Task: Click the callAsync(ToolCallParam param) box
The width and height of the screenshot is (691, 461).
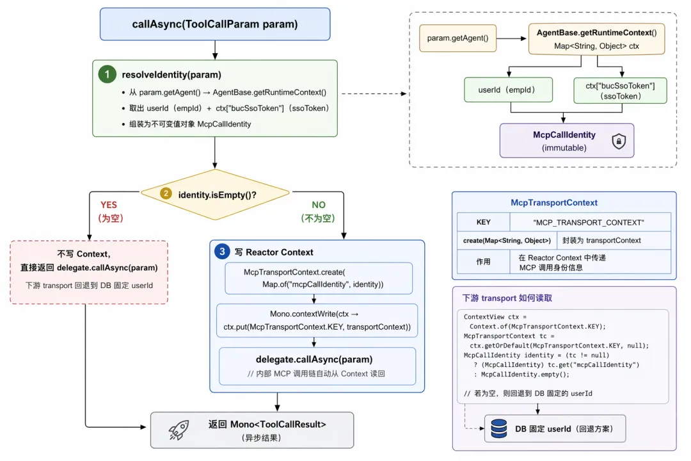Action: click(x=215, y=24)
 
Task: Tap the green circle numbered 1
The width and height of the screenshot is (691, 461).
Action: click(x=107, y=74)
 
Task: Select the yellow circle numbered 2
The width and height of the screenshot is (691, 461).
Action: click(x=166, y=193)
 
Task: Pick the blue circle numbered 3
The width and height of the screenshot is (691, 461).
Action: click(x=222, y=252)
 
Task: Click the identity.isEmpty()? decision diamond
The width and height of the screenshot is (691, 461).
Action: click(x=215, y=195)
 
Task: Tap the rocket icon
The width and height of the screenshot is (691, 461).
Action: click(x=179, y=430)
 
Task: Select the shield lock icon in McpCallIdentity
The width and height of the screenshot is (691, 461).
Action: click(x=619, y=141)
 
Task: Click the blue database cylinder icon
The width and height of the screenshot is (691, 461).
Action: click(x=499, y=428)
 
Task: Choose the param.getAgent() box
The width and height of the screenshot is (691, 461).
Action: click(x=458, y=38)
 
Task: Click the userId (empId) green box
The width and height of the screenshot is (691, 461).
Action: click(x=508, y=90)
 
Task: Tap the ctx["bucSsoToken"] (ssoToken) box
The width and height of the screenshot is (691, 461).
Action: click(x=620, y=90)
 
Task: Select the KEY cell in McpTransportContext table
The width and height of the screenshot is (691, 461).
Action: click(x=484, y=222)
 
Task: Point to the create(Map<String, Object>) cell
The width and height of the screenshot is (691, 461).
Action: click(x=507, y=241)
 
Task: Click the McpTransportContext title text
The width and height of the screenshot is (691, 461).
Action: click(x=554, y=202)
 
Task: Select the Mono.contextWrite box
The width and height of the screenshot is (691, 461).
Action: click(x=317, y=320)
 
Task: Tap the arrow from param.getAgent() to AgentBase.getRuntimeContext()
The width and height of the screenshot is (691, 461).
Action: click(x=511, y=38)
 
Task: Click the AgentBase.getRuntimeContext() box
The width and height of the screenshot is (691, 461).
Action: click(x=597, y=39)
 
